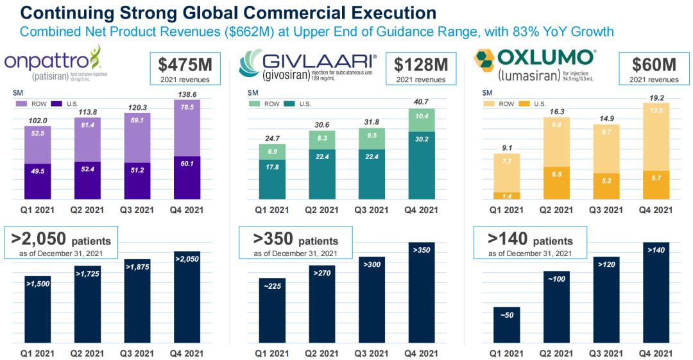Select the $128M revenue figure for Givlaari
420,65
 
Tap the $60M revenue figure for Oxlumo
654,65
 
